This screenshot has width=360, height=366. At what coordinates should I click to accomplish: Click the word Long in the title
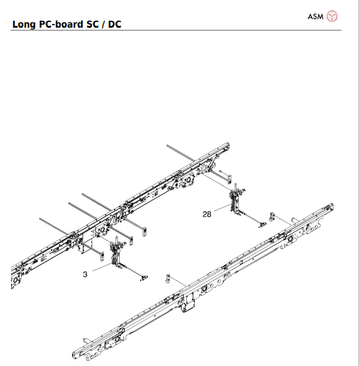(x=25, y=24)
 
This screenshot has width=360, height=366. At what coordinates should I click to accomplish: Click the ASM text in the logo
(x=315, y=15)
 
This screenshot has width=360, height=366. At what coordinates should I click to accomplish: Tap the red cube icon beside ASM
(x=332, y=16)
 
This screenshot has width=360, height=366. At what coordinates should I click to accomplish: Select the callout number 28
(x=206, y=214)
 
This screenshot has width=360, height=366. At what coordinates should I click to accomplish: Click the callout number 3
(x=85, y=274)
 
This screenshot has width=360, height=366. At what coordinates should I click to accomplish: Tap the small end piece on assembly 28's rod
(x=260, y=223)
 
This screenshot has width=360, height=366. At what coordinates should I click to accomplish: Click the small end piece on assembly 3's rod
(x=143, y=279)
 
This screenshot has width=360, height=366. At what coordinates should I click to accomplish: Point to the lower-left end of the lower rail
(x=78, y=355)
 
